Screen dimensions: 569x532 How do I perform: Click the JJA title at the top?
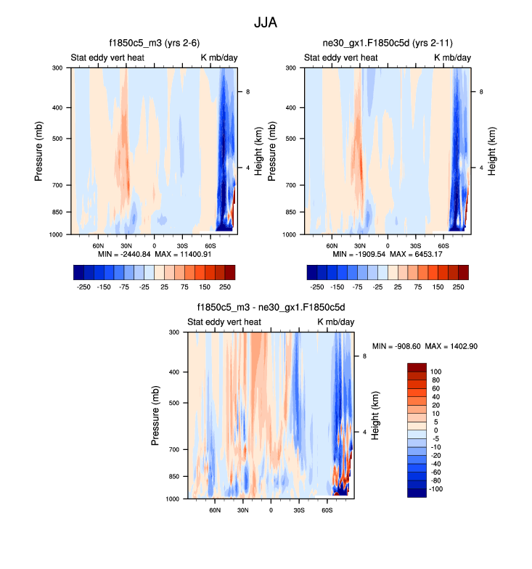tap(266, 22)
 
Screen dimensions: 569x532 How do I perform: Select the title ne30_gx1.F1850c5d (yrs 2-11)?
tap(388, 44)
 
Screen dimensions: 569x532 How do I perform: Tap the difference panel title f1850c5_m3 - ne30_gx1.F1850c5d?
tap(271, 308)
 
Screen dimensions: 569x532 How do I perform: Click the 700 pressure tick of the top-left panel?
tap(57, 186)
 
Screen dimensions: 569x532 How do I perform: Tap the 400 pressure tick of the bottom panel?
tap(174, 372)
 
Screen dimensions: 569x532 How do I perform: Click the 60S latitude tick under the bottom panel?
tap(327, 511)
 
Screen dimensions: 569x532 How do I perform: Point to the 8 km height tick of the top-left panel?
tap(247, 92)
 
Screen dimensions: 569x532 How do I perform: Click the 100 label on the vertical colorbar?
tap(436, 371)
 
